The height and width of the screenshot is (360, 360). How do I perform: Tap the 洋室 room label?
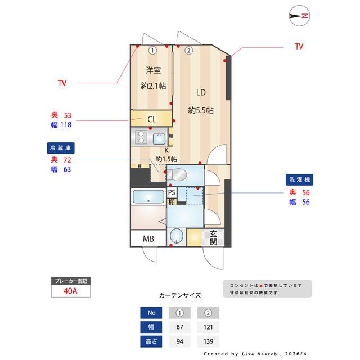click(x=153, y=70)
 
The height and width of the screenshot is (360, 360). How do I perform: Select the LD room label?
click(x=201, y=93)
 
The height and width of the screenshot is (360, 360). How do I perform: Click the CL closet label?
click(x=152, y=119)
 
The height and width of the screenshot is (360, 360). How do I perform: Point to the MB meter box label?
click(x=148, y=238)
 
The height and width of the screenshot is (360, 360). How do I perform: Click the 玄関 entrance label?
click(x=214, y=238)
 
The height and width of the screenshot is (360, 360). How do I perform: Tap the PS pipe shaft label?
click(x=172, y=192)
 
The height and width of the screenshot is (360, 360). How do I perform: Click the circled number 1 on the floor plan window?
click(x=153, y=50)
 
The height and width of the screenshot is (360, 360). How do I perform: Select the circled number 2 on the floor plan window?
click(x=189, y=50)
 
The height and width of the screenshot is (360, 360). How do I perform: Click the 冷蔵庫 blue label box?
click(x=61, y=148)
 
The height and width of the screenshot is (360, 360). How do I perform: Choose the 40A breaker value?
click(x=71, y=291)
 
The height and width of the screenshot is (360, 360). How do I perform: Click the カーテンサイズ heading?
click(x=180, y=295)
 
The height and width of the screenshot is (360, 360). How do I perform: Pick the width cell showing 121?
click(x=208, y=327)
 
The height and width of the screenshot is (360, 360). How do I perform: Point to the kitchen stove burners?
click(x=142, y=137)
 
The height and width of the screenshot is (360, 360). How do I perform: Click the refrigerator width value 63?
click(x=67, y=169)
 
